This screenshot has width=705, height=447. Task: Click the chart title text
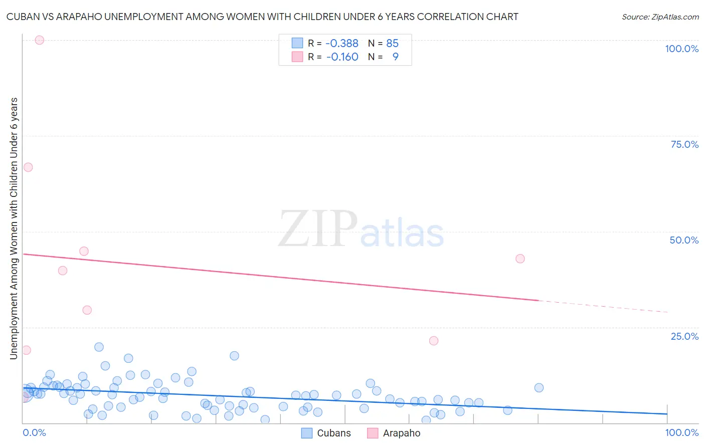(262, 17)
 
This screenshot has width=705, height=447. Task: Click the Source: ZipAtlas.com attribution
(660, 17)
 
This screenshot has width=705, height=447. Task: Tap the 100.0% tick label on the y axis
(681, 49)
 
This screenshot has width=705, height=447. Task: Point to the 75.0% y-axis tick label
(684, 144)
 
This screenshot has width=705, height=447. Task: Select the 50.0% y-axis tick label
(684, 240)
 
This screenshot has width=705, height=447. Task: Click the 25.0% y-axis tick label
(684, 336)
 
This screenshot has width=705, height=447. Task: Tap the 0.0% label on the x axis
(34, 432)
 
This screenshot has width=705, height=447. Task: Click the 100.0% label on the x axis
(681, 432)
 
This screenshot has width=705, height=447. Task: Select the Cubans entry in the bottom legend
(333, 433)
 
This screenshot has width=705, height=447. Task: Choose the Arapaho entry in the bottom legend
(401, 433)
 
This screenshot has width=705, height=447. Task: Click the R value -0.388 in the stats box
(342, 44)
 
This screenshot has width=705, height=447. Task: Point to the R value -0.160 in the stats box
(342, 57)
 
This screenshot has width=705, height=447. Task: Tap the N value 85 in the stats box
(392, 44)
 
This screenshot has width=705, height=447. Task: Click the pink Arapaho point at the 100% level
(40, 40)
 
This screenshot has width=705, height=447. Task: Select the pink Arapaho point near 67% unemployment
(28, 167)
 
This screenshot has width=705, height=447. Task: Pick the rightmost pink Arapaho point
(520, 259)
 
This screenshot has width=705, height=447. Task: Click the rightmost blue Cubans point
(539, 387)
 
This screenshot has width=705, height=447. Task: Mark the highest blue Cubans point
(99, 347)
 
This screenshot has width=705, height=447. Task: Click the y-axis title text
(14, 229)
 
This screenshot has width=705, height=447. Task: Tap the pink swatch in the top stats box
(297, 57)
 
